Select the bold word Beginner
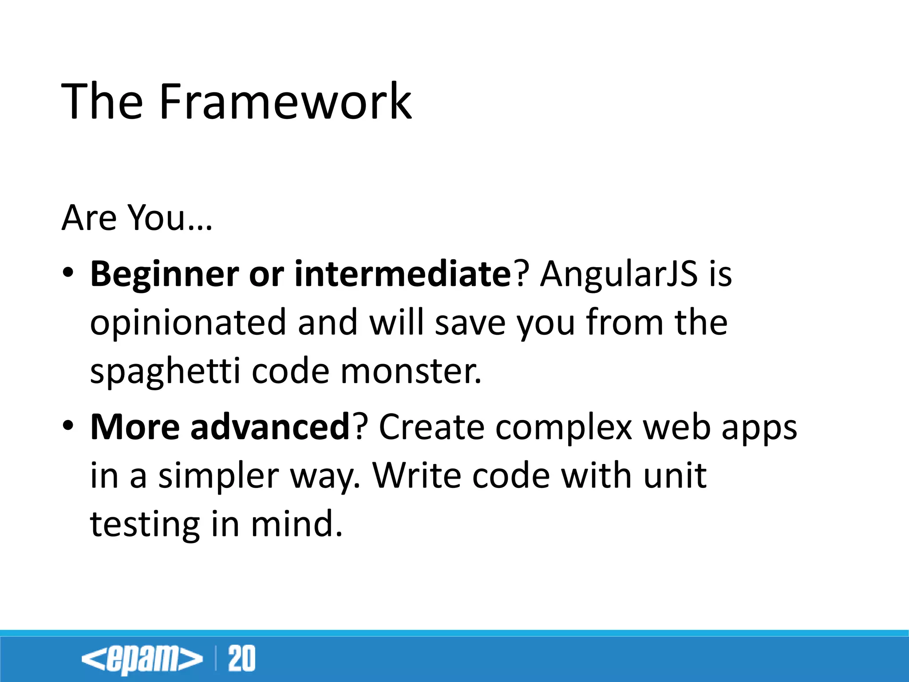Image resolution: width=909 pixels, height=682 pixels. (x=164, y=275)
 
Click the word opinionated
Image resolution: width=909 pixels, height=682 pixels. (x=188, y=323)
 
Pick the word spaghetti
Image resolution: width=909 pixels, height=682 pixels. (x=165, y=372)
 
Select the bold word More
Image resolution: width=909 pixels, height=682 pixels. (x=135, y=427)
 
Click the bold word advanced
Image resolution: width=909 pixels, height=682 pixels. (x=270, y=427)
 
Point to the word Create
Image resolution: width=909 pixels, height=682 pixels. (x=431, y=427)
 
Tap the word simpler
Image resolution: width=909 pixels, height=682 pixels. (x=218, y=476)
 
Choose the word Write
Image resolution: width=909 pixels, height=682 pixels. (x=416, y=476)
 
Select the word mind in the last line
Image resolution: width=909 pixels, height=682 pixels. (x=296, y=523)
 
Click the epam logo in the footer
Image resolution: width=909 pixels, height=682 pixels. (x=142, y=658)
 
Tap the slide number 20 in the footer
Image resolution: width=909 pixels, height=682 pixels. (x=242, y=658)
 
